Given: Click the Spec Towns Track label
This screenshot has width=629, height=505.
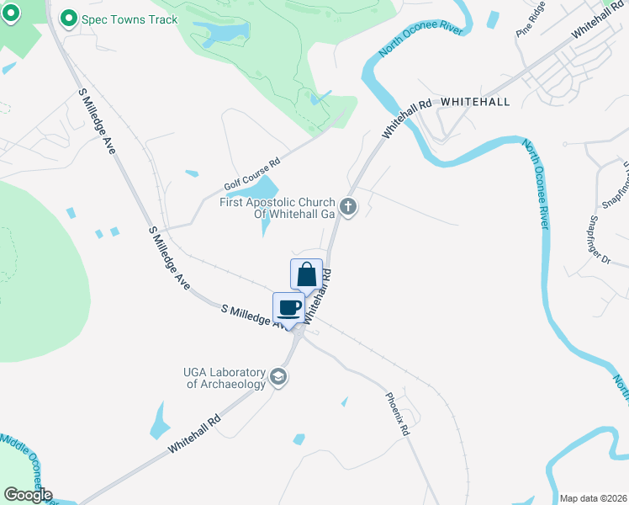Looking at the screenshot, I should tap(129, 19).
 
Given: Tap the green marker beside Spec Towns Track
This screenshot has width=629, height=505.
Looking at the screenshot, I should tap(69, 19).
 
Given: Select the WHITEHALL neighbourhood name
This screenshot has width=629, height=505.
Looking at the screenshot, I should tap(475, 101).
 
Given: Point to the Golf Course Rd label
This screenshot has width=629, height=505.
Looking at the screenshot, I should tap(251, 174).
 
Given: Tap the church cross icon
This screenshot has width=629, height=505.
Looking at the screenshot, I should tap(349, 205).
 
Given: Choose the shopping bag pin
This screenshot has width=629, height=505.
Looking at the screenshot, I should tap(307, 274).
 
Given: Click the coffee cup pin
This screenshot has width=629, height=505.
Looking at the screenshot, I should tap(289, 307).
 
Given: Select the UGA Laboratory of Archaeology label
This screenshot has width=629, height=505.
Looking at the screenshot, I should tap(225, 378).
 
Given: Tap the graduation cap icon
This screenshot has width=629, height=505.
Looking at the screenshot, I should tap(279, 379).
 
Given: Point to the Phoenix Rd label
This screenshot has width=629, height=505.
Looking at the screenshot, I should tap(397, 414).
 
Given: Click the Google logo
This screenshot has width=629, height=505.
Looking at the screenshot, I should tap(28, 494).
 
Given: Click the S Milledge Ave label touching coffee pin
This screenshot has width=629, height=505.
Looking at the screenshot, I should tap(253, 315).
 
